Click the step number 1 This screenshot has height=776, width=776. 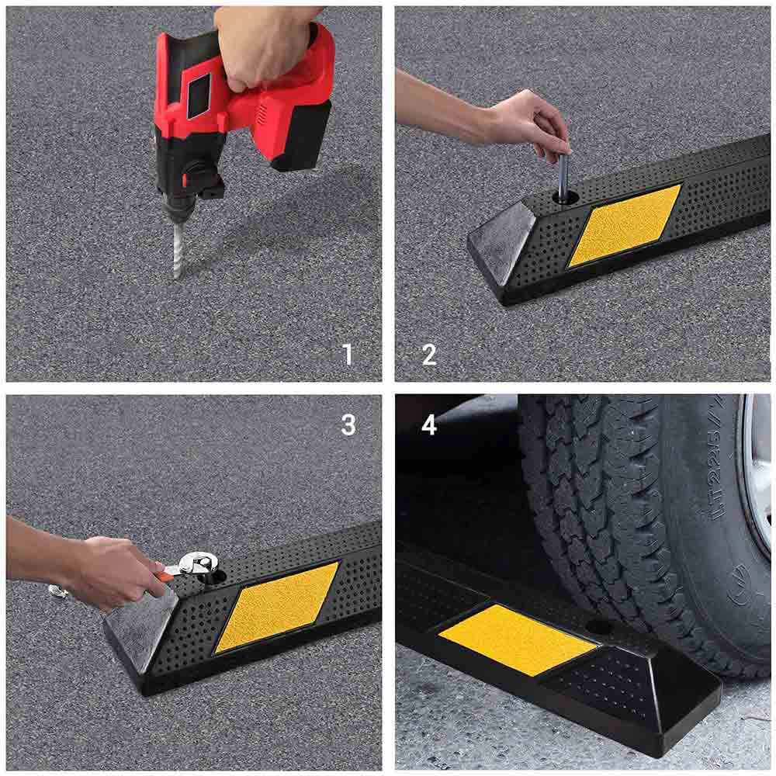click(x=348, y=355)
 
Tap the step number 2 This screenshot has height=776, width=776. click(x=429, y=355)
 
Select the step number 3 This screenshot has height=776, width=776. click(x=348, y=424)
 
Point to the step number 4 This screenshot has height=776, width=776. click(x=429, y=424)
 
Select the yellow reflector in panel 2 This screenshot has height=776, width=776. click(x=625, y=225)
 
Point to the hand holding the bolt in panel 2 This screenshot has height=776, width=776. click(x=528, y=120)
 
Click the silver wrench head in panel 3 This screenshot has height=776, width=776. click(x=198, y=563)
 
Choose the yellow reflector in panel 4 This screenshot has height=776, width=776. click(x=516, y=639)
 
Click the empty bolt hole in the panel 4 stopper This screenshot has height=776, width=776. click(x=598, y=626)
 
